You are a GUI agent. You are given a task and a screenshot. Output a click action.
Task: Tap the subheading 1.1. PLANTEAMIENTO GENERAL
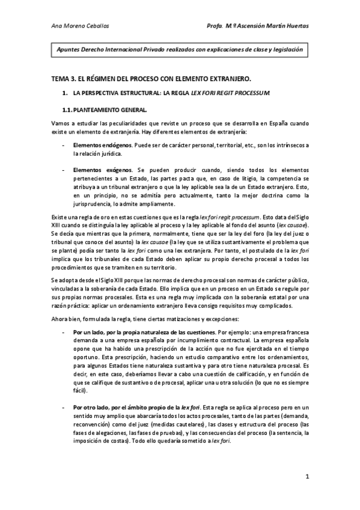[x=103, y=109]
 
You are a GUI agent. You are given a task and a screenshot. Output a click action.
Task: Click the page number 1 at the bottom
[x=307, y=477]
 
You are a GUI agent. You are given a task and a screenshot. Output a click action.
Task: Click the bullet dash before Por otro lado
[x=64, y=408]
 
